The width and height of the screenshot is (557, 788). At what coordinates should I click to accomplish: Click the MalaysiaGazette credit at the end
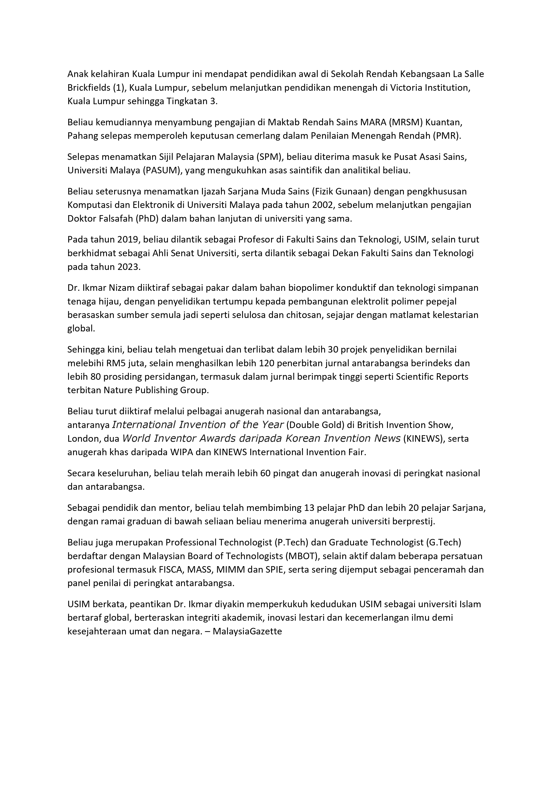[x=247, y=631]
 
